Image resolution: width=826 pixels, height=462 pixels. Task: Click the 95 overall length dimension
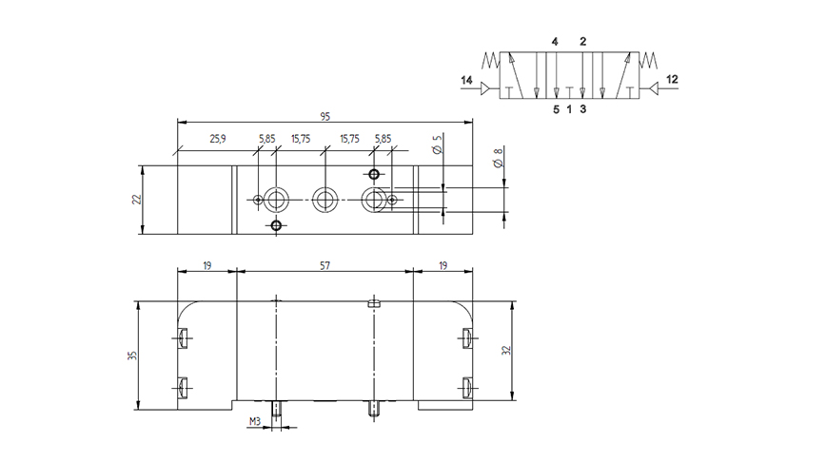pos(324,116)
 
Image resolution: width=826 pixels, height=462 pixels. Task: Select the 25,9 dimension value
pos(217,139)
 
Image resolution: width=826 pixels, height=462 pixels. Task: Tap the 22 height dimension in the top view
pos(136,200)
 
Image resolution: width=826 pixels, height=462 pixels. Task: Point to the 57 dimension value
pos(325,267)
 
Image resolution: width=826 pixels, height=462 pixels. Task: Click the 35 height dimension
pos(132,355)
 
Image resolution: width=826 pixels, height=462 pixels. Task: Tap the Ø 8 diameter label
pos(496,158)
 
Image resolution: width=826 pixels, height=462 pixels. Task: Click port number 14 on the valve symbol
pos(466,80)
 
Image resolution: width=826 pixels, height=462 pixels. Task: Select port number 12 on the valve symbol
pos(671,80)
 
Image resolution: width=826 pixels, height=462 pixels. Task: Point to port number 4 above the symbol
pos(554,42)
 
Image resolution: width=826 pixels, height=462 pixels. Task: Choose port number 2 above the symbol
pos(582,42)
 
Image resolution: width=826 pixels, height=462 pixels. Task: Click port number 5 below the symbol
pos(556,109)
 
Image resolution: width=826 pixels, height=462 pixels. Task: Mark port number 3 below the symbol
pos(582,109)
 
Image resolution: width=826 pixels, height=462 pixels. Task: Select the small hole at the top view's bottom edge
pos(276,225)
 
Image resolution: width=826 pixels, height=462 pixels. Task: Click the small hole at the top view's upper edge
pos(374,174)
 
